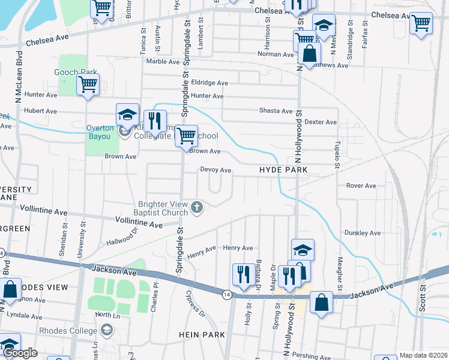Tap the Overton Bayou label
pyautogui.click(x=99, y=132)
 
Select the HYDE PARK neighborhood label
pyautogui.click(x=283, y=170)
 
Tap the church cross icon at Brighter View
pyautogui.click(x=197, y=208)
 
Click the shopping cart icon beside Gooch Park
pyautogui.click(x=88, y=85)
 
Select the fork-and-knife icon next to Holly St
pyautogui.click(x=242, y=274)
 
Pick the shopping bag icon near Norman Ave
pyautogui.click(x=309, y=54)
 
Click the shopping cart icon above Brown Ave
pyautogui.click(x=187, y=135)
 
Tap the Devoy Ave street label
pyautogui.click(x=215, y=170)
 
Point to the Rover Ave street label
pyautogui.click(x=361, y=186)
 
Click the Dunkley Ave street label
pyautogui.click(x=363, y=233)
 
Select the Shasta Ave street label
pyautogui.click(x=276, y=111)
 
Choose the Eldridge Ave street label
pyautogui.click(x=209, y=83)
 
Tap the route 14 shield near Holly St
pyautogui.click(x=226, y=294)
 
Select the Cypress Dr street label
pyautogui.click(x=195, y=305)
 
